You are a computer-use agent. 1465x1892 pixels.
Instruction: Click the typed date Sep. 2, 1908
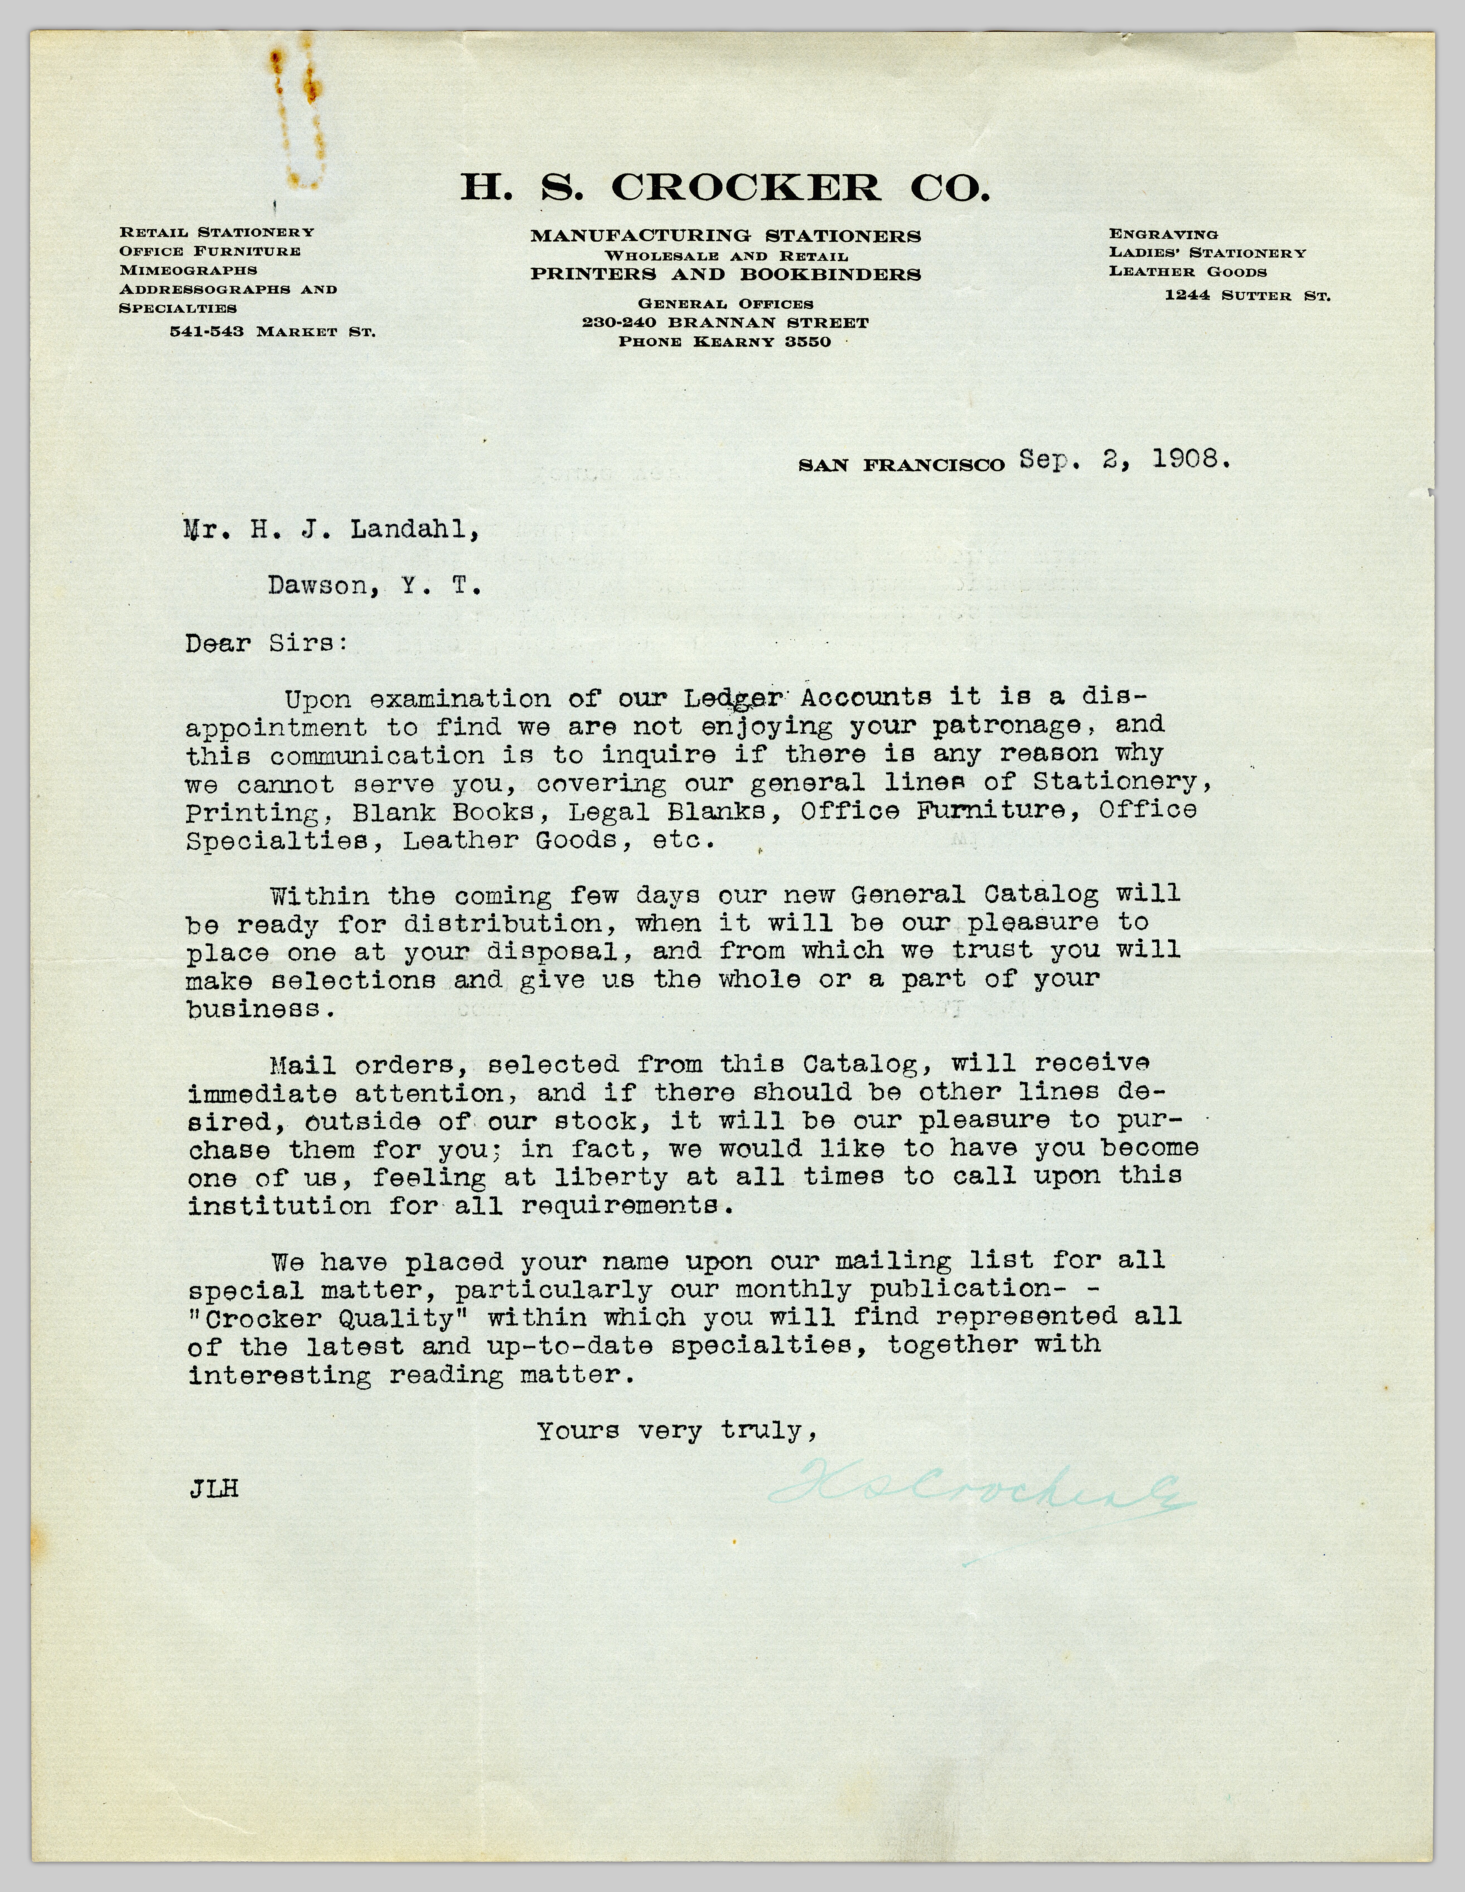[1124, 460]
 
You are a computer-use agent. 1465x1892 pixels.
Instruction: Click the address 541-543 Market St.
[272, 332]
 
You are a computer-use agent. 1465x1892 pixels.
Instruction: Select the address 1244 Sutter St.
[1247, 295]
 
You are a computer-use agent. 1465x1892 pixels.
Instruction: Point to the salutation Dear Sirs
[266, 644]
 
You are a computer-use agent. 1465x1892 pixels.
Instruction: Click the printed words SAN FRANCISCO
[900, 465]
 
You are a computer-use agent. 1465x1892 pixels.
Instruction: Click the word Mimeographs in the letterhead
[188, 270]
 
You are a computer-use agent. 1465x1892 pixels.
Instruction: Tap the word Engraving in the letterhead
[1163, 234]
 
